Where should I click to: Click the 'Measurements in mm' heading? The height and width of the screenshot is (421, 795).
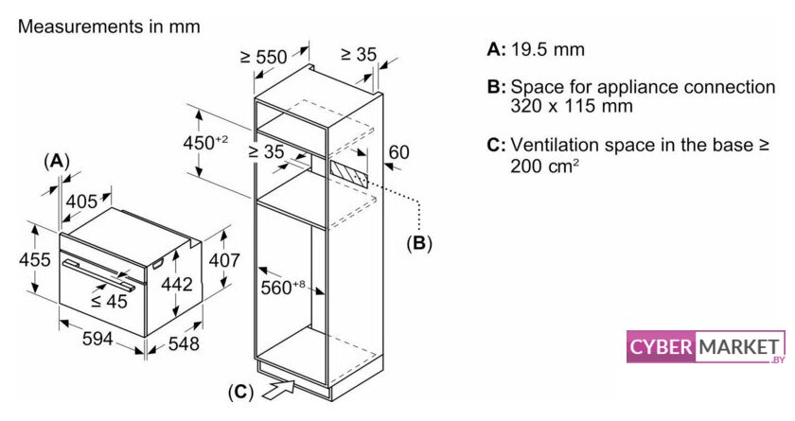pyautogui.click(x=109, y=26)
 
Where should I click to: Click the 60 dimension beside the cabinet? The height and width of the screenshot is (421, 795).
pyautogui.click(x=398, y=151)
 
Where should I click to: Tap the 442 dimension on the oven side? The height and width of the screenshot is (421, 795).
pyautogui.click(x=177, y=284)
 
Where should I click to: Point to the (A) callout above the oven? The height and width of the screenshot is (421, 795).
pyautogui.click(x=58, y=161)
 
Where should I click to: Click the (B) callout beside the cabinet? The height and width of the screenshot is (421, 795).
pyautogui.click(x=418, y=243)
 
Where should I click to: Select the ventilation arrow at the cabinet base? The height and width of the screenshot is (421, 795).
pyautogui.click(x=282, y=386)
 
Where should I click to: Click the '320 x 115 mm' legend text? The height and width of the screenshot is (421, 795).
pyautogui.click(x=571, y=106)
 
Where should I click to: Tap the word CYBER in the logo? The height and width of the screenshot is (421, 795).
pyautogui.click(x=661, y=348)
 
